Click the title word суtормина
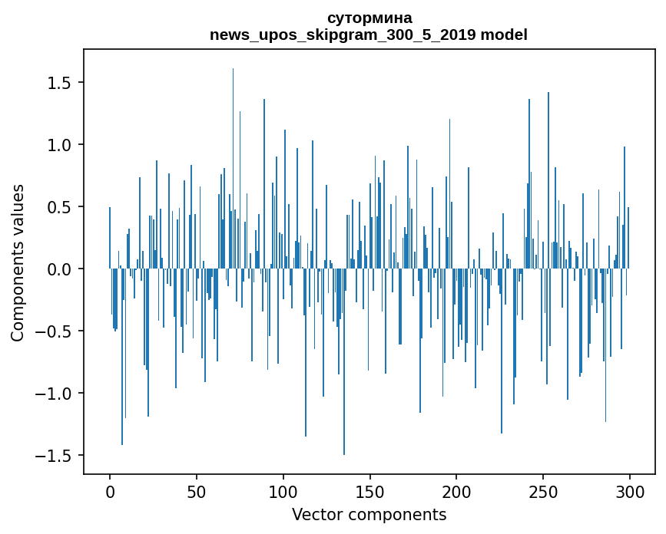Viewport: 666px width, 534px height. [369, 18]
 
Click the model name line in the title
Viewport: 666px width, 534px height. [369, 35]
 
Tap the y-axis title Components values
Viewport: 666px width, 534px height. [18, 262]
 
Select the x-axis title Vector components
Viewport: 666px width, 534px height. [369, 514]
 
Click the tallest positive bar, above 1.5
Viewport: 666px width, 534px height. [233, 153]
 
